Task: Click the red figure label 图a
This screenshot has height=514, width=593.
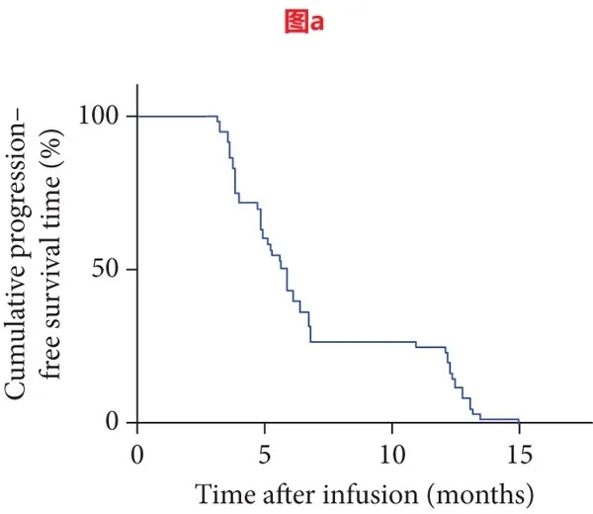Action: tap(296, 21)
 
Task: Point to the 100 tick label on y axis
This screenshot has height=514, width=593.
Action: tap(99, 116)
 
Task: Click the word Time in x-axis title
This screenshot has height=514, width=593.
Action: tap(216, 491)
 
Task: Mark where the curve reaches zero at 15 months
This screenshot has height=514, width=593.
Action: tap(518, 421)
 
